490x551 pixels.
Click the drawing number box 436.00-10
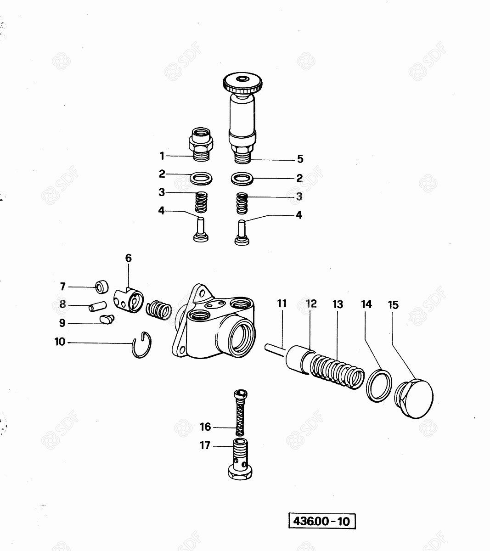pos(322,521)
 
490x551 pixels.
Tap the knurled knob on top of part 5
pos(242,83)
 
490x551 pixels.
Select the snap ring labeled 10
pos(141,344)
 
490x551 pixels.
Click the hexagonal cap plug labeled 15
pos(414,399)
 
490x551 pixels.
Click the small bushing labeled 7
pos(102,287)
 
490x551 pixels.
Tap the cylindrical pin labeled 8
pos(97,307)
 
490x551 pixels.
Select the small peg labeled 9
pos(107,319)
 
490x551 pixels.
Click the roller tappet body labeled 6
pos(129,300)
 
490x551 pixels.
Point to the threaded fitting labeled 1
pos(201,144)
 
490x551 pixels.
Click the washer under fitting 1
pos(201,179)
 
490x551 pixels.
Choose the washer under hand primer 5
pos(242,179)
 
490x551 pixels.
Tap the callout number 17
pos(205,445)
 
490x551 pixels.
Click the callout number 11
pos(282,304)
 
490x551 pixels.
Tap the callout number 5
pos(300,159)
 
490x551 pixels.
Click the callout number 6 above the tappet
pos(129,258)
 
